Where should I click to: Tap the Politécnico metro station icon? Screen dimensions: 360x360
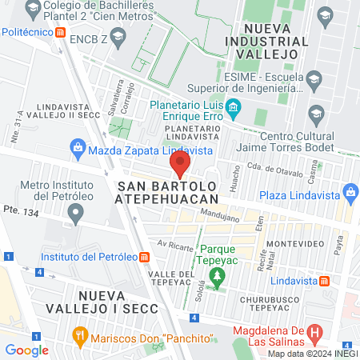(x=62, y=32)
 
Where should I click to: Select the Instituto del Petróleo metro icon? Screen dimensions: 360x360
(x=144, y=257)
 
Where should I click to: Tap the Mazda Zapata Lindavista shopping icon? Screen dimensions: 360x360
(x=78, y=147)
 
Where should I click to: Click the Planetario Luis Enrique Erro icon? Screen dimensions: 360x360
(x=233, y=106)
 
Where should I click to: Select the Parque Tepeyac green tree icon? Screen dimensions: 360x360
(x=216, y=277)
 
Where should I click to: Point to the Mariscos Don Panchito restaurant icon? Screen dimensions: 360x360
(x=78, y=334)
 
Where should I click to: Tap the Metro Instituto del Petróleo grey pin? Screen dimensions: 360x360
(x=76, y=214)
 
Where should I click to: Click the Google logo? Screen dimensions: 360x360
(x=26, y=350)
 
